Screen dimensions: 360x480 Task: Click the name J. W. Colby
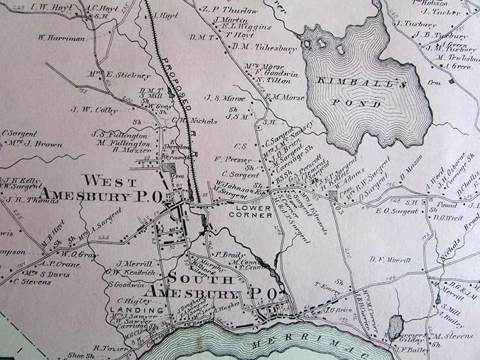coord(93,110)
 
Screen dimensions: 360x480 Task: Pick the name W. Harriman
coord(62,38)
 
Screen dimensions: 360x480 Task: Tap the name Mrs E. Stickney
coord(129,75)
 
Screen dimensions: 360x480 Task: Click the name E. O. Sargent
coord(392,210)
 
